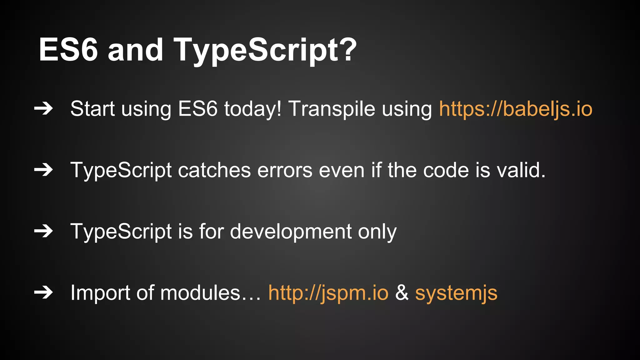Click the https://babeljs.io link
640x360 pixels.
click(x=516, y=109)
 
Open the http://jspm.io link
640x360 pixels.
click(x=328, y=293)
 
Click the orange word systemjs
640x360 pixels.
click(x=456, y=293)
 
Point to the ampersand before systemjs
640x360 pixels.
click(x=402, y=293)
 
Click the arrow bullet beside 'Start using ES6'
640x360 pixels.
click(x=43, y=109)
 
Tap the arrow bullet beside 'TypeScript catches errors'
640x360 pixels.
click(x=43, y=170)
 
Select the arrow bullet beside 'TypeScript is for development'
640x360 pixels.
click(x=43, y=232)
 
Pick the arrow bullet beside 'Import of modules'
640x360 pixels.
click(x=43, y=293)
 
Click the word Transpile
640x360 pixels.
click(x=331, y=109)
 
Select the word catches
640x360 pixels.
click(x=214, y=170)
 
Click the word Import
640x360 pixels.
click(x=100, y=293)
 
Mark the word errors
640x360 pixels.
click(x=285, y=170)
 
